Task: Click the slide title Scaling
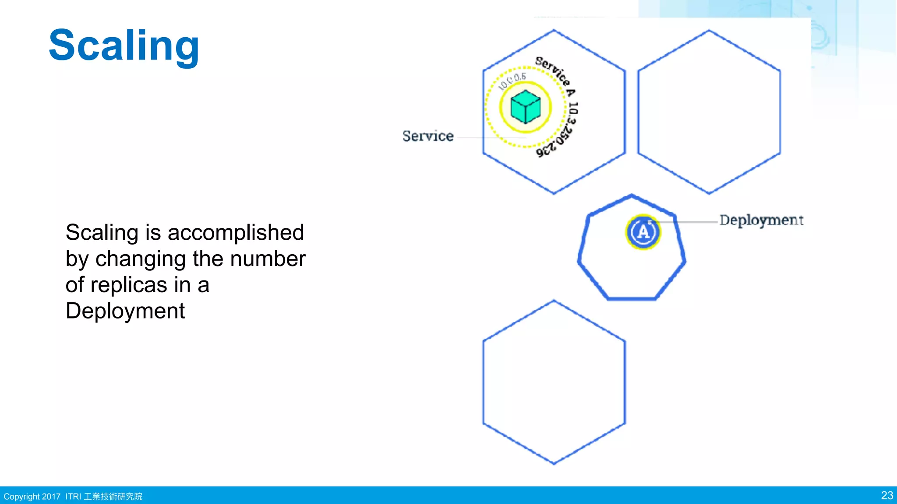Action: coord(124,45)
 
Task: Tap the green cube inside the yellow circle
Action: coord(526,107)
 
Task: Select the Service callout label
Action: coord(428,136)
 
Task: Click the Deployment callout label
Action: coord(761,220)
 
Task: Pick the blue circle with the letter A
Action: coord(643,232)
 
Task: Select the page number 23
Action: coord(886,495)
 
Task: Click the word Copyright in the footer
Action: coord(21,497)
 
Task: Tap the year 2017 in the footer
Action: coord(51,497)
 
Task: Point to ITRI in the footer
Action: coord(73,497)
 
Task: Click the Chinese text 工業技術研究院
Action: coord(113,497)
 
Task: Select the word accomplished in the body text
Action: coord(236,232)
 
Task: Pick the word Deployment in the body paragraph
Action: coord(125,311)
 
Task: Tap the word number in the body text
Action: coord(268,259)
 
